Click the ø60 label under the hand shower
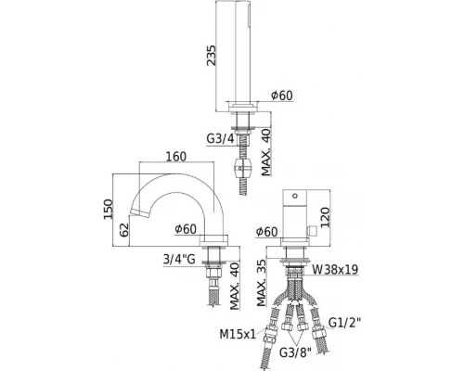[281, 95]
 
